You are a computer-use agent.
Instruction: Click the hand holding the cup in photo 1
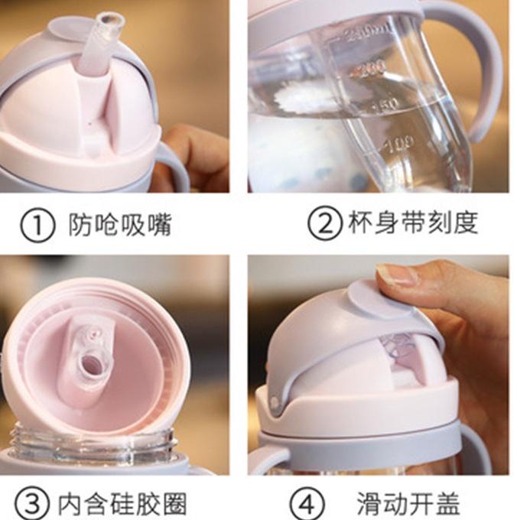point(191,153)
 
